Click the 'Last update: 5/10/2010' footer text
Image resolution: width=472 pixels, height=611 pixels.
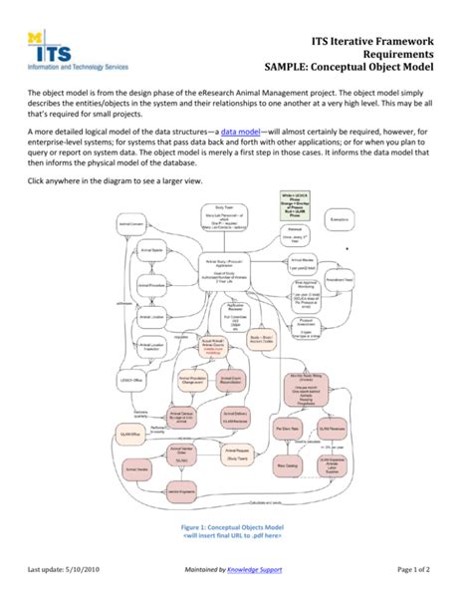coord(77,596)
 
